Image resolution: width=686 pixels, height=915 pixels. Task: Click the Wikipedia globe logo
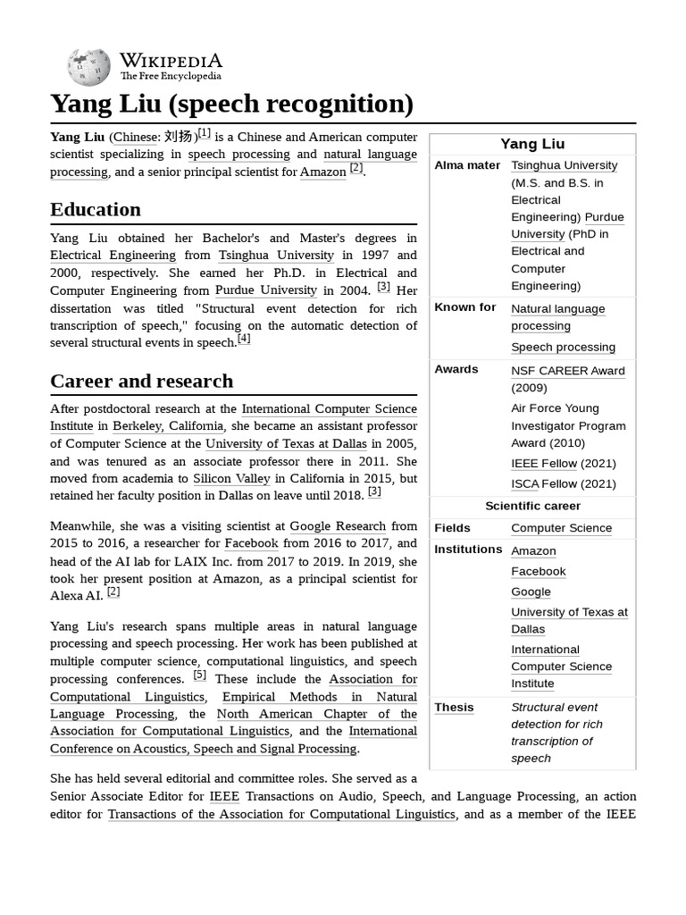[88, 67]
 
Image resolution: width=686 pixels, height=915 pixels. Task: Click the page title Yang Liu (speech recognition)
[231, 104]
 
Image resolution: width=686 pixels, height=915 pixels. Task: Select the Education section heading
[96, 210]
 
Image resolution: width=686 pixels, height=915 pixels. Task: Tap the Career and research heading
[141, 382]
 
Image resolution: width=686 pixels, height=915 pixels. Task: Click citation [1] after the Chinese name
[204, 133]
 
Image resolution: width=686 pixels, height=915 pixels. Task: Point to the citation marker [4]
[244, 339]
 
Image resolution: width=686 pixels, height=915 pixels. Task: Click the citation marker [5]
[199, 676]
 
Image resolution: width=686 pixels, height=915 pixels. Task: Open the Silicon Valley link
[231, 479]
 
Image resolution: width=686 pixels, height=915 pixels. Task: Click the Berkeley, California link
[169, 426]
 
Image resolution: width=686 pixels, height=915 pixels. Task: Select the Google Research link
[338, 526]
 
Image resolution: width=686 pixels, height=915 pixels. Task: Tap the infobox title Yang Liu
[532, 144]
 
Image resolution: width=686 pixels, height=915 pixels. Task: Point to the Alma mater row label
[467, 165]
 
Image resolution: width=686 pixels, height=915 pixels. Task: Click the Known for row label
[464, 307]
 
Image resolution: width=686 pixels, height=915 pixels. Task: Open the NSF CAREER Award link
[567, 371]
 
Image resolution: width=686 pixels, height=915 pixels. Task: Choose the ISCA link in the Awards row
[524, 483]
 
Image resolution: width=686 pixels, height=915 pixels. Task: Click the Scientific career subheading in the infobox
[532, 506]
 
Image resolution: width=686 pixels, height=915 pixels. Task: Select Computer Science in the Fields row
[561, 528]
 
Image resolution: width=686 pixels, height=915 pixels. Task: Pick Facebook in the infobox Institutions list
[538, 571]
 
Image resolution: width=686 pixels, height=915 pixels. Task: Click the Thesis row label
[454, 707]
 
